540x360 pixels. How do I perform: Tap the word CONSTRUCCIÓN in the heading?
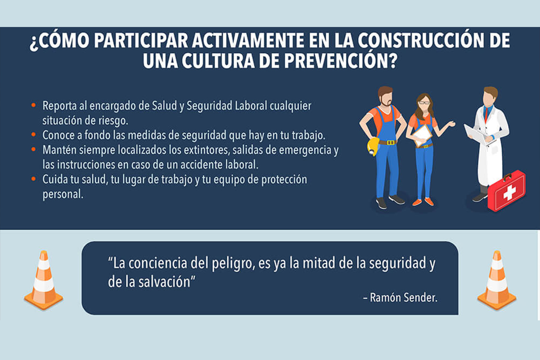[421, 40]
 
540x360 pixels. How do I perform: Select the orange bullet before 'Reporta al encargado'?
[33, 105]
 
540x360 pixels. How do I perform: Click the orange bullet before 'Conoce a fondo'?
[33, 135]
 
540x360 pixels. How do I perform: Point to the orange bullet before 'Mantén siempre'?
[33, 149]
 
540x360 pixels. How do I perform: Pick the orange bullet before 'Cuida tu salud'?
[33, 179]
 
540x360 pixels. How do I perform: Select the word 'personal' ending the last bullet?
[63, 194]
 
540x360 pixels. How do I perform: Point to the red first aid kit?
[506, 191]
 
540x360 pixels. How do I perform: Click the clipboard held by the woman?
[423, 135]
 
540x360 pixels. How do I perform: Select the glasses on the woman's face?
[424, 103]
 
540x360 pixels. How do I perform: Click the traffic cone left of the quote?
[43, 280]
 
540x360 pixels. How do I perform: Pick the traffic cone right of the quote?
[497, 280]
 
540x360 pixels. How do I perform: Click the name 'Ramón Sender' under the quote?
[403, 297]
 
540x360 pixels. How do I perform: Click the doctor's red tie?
[487, 113]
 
